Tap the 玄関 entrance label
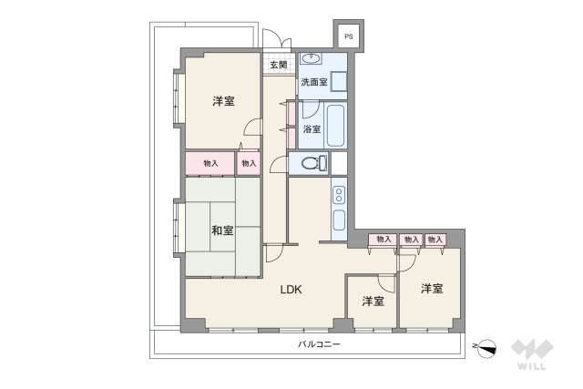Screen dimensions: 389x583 click(278, 65)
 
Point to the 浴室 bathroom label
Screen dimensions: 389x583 click(312, 128)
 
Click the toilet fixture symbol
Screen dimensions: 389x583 click(308, 164)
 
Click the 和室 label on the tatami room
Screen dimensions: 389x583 click(221, 230)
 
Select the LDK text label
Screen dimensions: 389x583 click(291, 290)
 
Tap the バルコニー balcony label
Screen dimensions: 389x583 click(318, 344)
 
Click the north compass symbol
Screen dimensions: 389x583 click(486, 347)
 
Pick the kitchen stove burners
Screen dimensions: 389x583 click(338, 195)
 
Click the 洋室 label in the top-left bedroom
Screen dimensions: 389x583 click(226, 102)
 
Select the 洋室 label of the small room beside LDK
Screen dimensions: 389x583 click(372, 301)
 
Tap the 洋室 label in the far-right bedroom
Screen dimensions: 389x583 click(431, 289)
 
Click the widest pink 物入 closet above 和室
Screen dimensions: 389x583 click(210, 163)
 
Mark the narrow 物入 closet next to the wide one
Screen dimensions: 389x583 click(249, 163)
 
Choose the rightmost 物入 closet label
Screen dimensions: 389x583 click(435, 240)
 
